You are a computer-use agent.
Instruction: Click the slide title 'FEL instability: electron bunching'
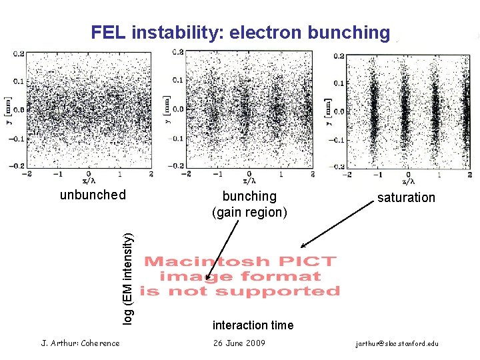pyautogui.click(x=240, y=32)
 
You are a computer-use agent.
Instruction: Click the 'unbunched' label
pyautogui.click(x=93, y=195)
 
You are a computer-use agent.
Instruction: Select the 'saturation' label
pyautogui.click(x=405, y=197)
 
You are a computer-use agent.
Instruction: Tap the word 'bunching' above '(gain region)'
pyautogui.click(x=249, y=196)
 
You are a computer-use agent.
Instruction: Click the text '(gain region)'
pyautogui.click(x=249, y=212)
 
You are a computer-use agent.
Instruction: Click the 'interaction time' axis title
pyautogui.click(x=253, y=325)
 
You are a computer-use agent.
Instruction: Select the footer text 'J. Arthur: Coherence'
pyautogui.click(x=81, y=343)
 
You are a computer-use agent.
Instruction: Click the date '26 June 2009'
pyautogui.click(x=239, y=343)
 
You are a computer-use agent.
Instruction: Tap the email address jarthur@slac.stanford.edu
pyautogui.click(x=397, y=343)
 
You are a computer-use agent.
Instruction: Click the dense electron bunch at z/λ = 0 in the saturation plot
pyautogui.click(x=405, y=110)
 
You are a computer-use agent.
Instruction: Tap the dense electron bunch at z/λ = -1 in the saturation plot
pyautogui.click(x=374, y=110)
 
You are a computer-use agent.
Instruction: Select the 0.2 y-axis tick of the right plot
pyautogui.click(x=338, y=56)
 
